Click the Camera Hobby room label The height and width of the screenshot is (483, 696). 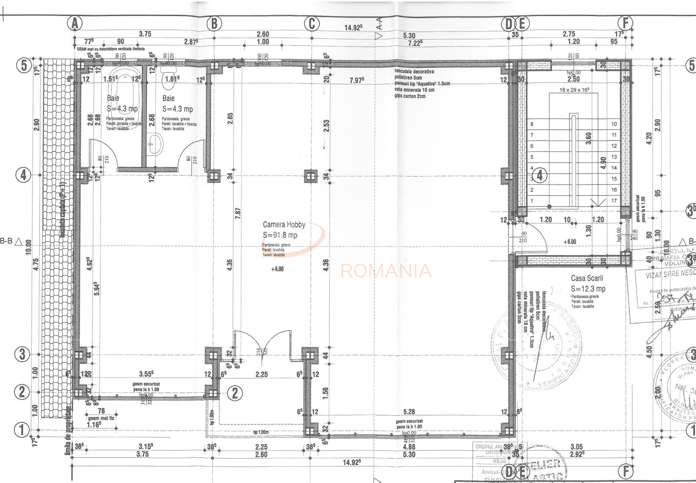pyautogui.click(x=284, y=225)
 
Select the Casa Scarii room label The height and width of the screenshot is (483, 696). pyautogui.click(x=587, y=278)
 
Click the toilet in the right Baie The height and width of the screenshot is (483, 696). pyautogui.click(x=169, y=80)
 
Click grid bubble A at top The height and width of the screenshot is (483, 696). pyautogui.click(x=74, y=24)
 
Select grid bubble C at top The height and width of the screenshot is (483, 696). pyautogui.click(x=312, y=24)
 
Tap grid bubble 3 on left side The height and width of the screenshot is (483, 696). pyautogui.click(x=22, y=354)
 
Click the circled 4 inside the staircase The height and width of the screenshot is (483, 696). pyautogui.click(x=539, y=175)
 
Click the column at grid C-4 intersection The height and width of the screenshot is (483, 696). pyautogui.click(x=311, y=176)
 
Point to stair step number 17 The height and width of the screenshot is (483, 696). pyautogui.click(x=614, y=201)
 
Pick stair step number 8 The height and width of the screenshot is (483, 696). pyautogui.click(x=532, y=124)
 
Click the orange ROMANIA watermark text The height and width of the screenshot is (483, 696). pyautogui.click(x=386, y=271)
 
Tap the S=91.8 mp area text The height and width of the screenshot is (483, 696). pyautogui.click(x=280, y=235)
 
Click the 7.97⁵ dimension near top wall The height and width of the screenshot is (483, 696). pyautogui.click(x=356, y=80)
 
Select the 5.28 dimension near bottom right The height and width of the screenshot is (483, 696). pyautogui.click(x=409, y=411)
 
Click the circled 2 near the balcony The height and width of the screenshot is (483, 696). pyautogui.click(x=235, y=393)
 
